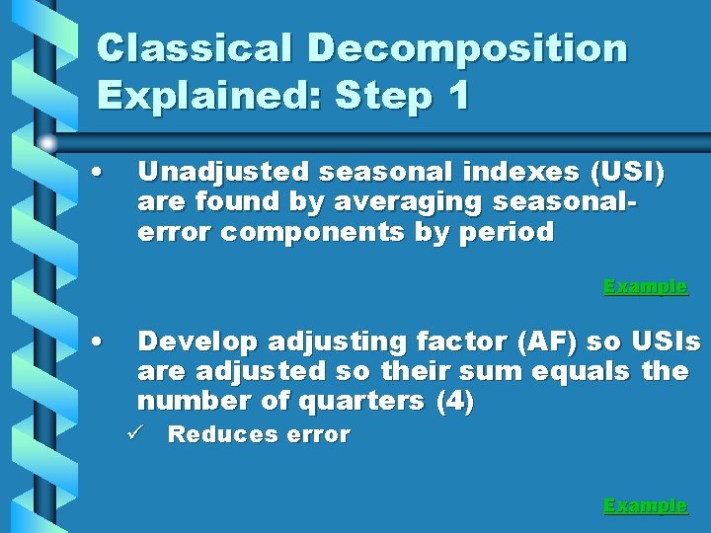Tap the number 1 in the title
point(456,96)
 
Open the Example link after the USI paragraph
point(645,287)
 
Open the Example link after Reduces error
point(645,505)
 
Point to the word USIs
point(663,343)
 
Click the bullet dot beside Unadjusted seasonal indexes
point(95,173)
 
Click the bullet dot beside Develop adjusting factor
point(95,342)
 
